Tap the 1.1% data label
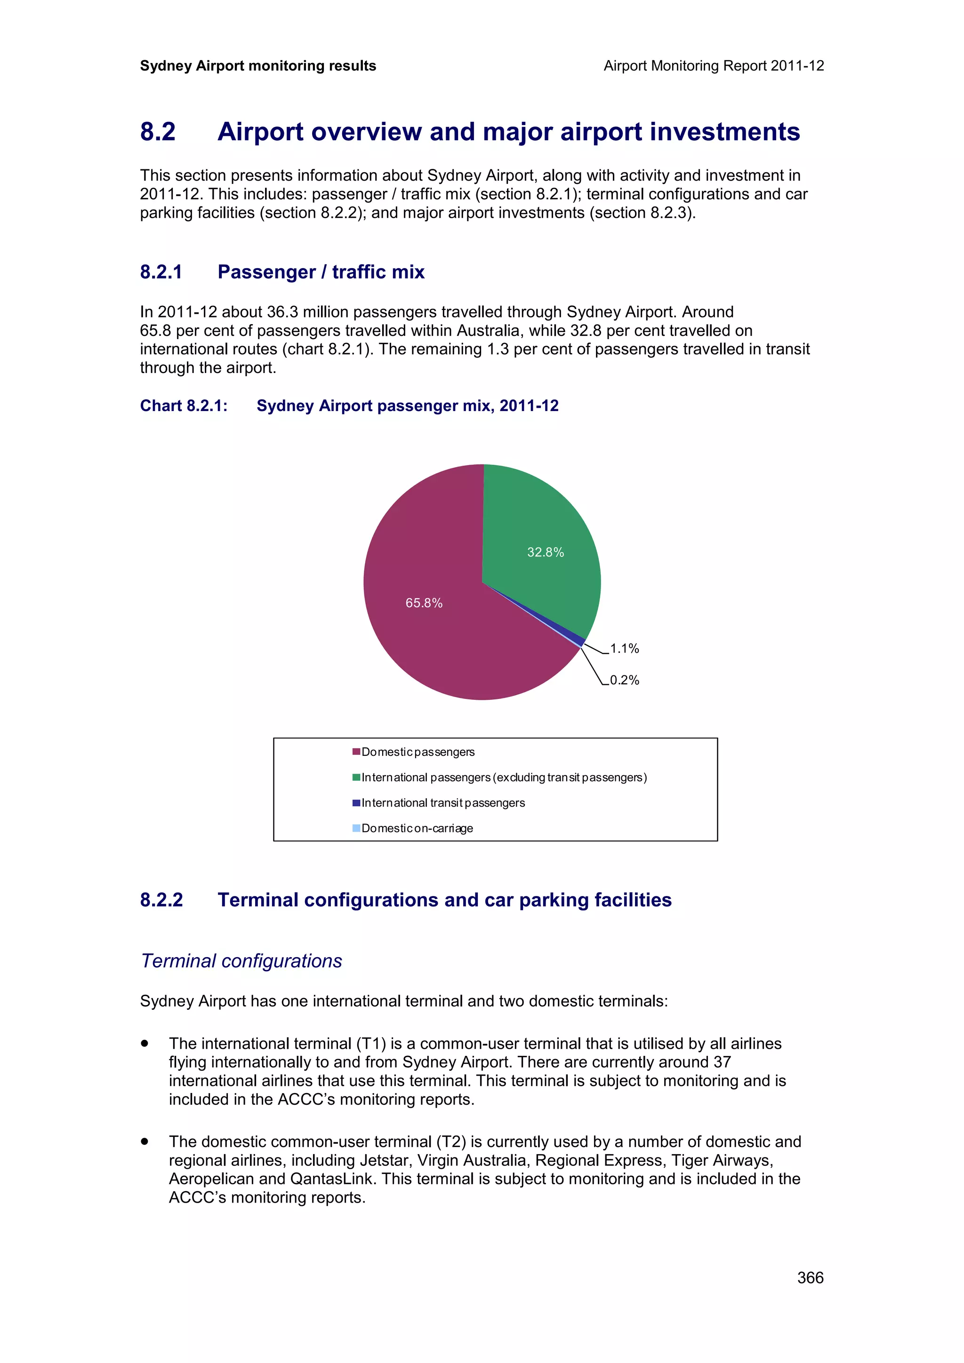624,649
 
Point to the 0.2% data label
624,680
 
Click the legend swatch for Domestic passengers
356,752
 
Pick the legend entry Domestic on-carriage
417,828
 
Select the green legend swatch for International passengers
356,777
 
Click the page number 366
810,1277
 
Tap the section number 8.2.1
161,272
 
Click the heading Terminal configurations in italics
241,961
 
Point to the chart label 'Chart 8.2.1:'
184,406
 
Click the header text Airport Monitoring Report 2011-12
713,66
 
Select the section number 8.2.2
161,900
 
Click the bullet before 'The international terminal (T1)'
145,1043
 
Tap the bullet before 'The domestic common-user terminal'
145,1141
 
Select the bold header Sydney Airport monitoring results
258,66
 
